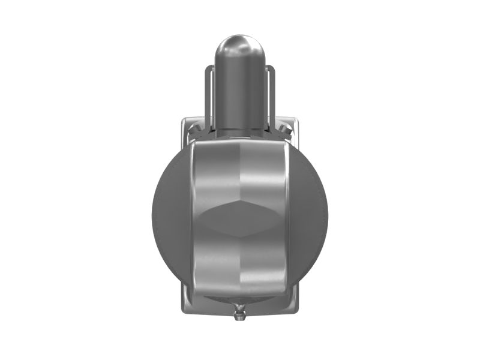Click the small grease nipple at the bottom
tap(240, 312)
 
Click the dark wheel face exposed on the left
tap(168, 216)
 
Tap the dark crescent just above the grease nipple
tap(240, 300)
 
